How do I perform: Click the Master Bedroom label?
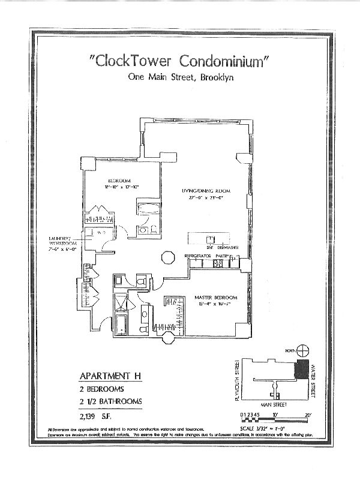point(217,298)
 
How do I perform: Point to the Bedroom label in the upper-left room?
point(117,181)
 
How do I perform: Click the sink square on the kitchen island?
point(210,238)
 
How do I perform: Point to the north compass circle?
point(304,350)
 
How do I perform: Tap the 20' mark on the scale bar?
point(308,415)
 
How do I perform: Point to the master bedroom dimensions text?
point(217,304)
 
